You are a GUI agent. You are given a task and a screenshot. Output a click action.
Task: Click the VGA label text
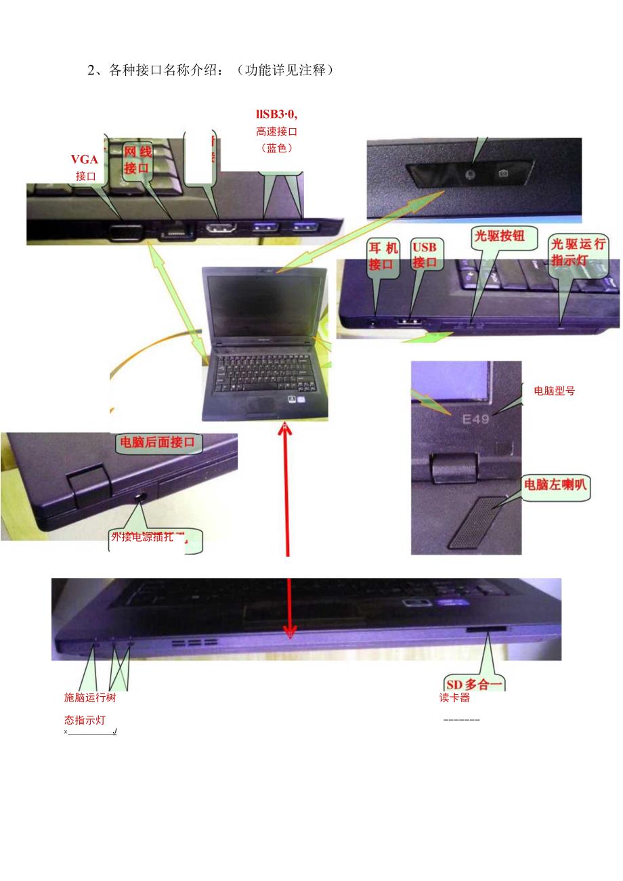coord(85,160)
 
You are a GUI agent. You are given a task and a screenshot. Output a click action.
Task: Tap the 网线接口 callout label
coord(137,160)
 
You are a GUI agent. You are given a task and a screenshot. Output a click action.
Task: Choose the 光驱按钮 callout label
coord(504,236)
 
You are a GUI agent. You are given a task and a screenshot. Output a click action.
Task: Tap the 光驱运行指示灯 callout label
coord(578,251)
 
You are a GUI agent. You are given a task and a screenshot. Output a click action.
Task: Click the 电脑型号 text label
coord(555,391)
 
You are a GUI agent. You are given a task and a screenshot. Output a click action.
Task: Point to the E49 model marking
coord(475,420)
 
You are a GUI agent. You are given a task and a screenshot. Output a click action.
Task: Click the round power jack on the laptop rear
coord(141,497)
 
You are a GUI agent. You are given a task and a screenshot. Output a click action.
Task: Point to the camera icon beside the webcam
coord(503,173)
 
